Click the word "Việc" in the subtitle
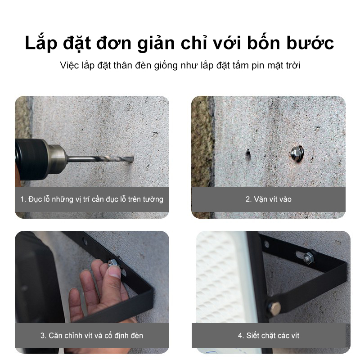point(69,66)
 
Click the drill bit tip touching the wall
point(131,160)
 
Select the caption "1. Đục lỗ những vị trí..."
point(92,198)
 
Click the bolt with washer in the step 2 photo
point(296,153)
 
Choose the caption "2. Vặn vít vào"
point(268,198)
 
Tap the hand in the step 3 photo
point(97,288)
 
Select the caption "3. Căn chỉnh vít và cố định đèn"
point(92,335)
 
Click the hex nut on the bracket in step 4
point(309,258)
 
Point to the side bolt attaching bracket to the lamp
point(274,308)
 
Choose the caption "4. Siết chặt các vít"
point(268,335)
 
